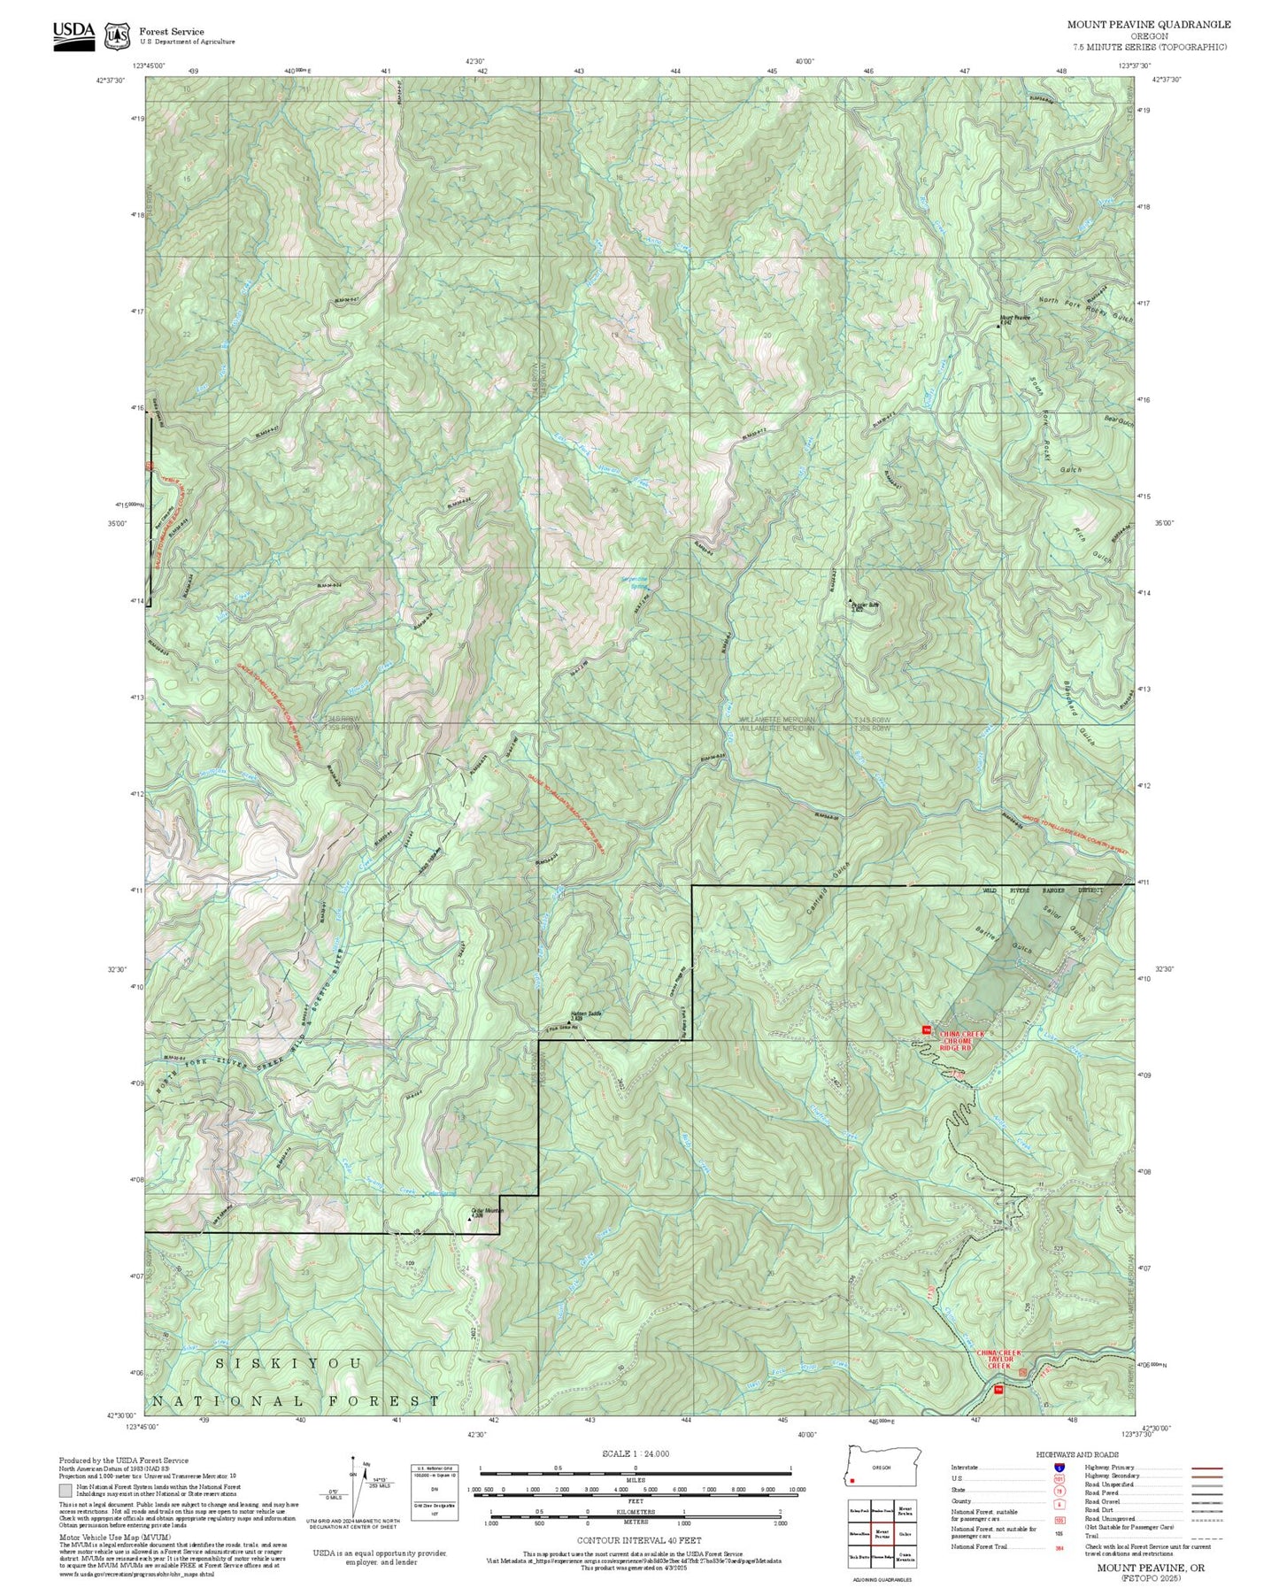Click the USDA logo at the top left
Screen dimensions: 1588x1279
[x=73, y=35]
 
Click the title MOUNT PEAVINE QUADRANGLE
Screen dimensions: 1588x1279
[x=1148, y=24]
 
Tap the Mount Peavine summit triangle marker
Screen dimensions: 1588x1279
[x=999, y=325]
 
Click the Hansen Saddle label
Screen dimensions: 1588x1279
[x=586, y=1014]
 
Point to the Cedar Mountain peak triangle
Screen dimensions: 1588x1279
[x=470, y=1220]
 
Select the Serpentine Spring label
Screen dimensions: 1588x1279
[x=633, y=582]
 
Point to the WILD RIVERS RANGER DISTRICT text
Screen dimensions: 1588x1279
[x=1041, y=890]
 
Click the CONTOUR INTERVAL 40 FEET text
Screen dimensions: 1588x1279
[x=638, y=1540]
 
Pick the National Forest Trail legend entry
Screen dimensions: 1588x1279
[x=981, y=1546]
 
